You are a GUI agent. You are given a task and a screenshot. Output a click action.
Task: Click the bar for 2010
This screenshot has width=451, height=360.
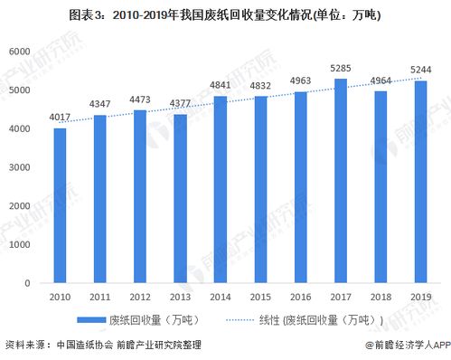tap(60, 205)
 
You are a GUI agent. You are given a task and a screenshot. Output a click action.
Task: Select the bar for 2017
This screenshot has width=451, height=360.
tap(340, 181)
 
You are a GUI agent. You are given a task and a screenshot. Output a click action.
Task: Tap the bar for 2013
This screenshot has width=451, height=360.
tap(180, 198)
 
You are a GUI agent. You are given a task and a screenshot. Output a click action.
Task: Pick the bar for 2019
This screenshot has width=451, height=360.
tap(420, 182)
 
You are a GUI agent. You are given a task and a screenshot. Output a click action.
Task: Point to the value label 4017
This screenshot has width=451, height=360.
tap(60, 116)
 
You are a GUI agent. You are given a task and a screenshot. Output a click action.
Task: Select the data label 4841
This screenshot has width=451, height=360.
tap(220, 85)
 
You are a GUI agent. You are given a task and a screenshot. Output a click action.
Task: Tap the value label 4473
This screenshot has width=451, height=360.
tap(140, 99)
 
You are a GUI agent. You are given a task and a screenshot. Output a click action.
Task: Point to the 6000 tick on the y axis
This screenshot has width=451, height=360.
tap(19, 52)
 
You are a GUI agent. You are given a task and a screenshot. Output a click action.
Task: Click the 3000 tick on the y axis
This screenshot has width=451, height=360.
tap(19, 167)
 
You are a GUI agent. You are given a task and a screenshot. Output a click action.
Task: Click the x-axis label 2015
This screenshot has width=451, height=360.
tap(260, 296)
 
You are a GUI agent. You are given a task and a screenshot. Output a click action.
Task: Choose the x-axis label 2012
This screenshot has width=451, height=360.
tap(140, 296)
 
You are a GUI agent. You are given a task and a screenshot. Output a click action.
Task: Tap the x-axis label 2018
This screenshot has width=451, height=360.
tap(380, 296)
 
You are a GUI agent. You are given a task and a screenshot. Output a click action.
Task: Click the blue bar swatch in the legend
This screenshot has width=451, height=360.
tap(90, 320)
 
